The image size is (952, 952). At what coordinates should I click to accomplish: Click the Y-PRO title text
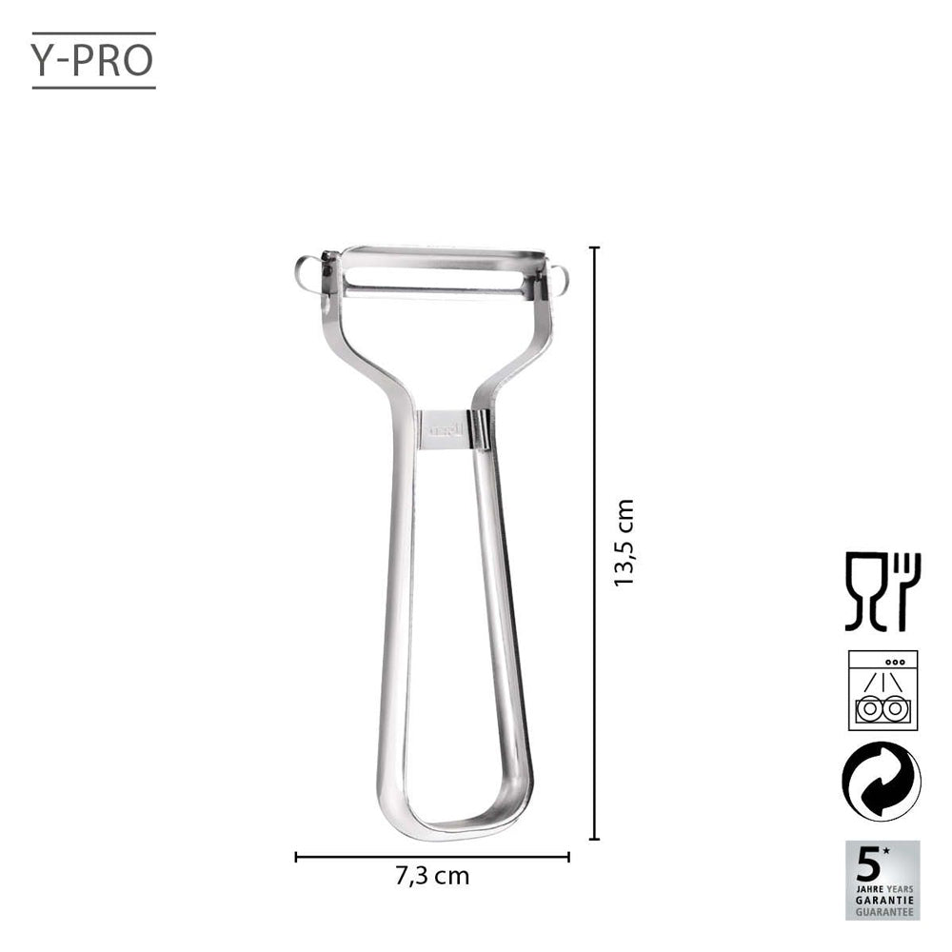[93, 58]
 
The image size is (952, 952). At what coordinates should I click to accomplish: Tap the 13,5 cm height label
[624, 543]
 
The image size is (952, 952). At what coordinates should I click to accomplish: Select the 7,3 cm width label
[432, 876]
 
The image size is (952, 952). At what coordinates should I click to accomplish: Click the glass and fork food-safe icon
[882, 591]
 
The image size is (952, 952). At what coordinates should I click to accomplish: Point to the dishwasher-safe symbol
[882, 690]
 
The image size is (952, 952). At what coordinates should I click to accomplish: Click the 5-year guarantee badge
[882, 879]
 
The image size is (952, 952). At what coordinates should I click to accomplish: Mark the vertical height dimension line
[595, 543]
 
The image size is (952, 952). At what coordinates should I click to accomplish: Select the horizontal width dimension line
[432, 857]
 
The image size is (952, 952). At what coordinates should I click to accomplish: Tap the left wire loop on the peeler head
[307, 273]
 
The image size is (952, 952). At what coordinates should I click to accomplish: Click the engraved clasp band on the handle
[445, 427]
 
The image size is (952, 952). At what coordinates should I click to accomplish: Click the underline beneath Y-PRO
[93, 88]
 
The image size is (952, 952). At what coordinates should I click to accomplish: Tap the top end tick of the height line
[595, 248]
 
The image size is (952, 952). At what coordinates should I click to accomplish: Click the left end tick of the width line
[296, 857]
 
